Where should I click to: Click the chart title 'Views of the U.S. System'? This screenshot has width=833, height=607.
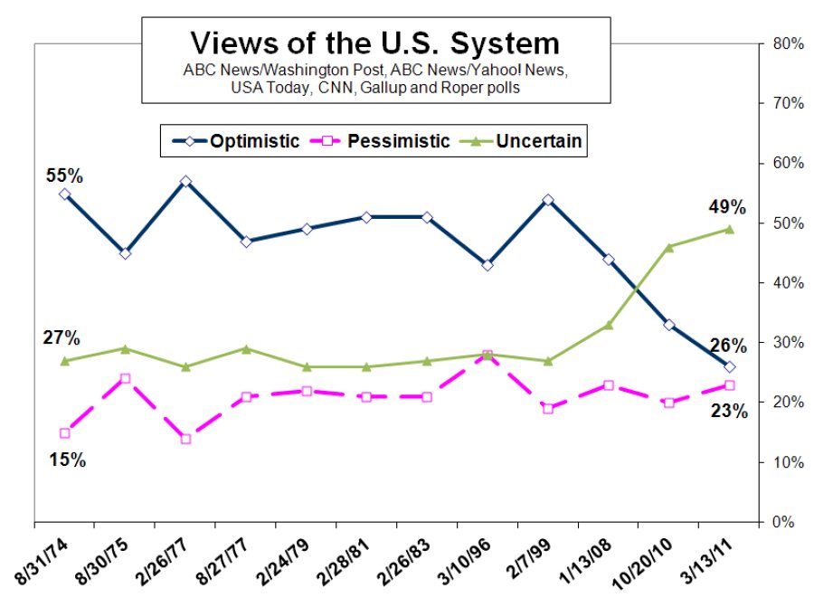(x=374, y=43)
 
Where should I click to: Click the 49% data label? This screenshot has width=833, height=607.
(x=727, y=208)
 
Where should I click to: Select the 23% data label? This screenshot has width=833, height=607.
(x=728, y=412)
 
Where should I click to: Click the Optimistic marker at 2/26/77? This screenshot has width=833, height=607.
(x=185, y=182)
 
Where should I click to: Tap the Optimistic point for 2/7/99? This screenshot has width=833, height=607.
(x=548, y=200)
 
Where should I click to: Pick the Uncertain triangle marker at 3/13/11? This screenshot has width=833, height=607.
(x=729, y=230)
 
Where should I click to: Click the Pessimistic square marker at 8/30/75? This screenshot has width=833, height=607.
(x=125, y=378)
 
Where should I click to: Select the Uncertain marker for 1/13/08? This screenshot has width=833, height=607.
(x=609, y=325)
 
